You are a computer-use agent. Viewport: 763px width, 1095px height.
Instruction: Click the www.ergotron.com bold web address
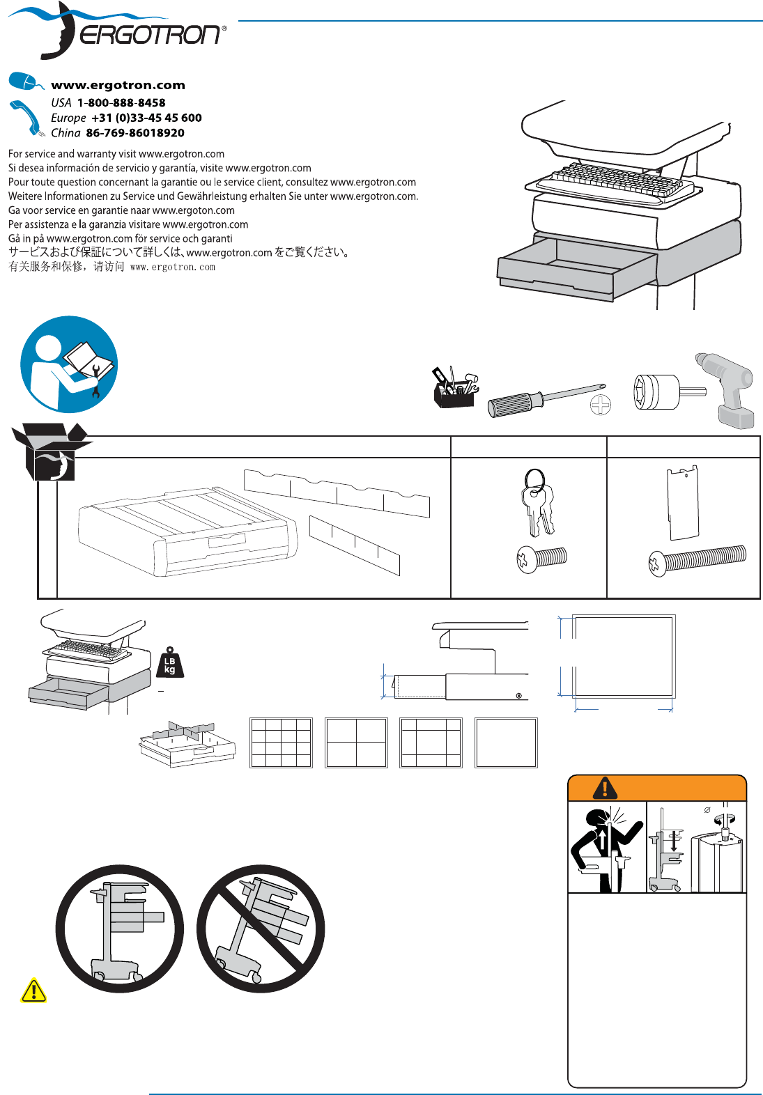(118, 85)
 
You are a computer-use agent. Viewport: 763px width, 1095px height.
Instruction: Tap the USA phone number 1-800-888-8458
(121, 102)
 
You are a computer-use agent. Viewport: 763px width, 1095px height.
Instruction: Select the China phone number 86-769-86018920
(135, 133)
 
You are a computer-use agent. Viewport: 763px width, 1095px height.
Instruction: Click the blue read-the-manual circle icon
(69, 364)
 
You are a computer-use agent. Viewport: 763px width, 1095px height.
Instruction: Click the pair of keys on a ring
(537, 502)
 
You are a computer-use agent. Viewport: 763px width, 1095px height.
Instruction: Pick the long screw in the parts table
(697, 560)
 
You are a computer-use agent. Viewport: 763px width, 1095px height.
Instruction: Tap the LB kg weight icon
(170, 663)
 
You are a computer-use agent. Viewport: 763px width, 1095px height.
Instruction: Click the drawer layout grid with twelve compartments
(281, 743)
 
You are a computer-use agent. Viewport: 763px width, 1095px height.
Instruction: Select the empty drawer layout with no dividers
(506, 743)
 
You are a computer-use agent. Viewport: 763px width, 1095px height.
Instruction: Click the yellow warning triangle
(33, 991)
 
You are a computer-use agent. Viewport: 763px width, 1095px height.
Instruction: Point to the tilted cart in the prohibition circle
(261, 929)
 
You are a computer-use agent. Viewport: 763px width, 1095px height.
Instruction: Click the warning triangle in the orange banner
(605, 788)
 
